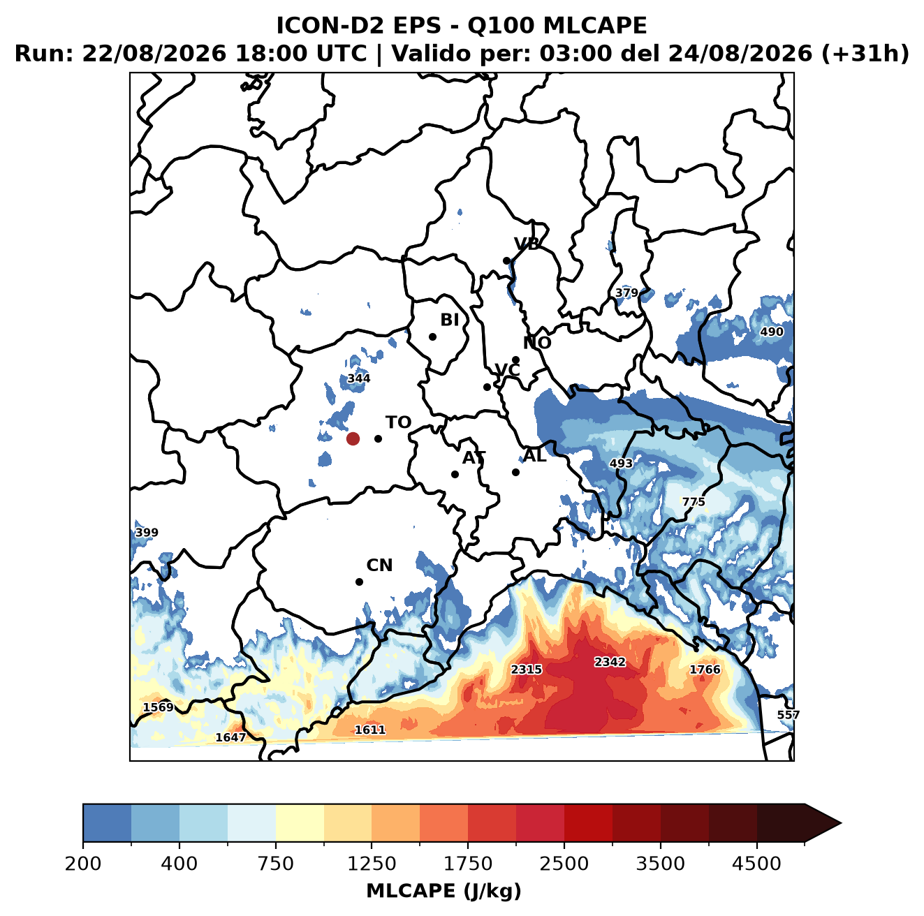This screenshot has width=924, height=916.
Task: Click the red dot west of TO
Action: tap(353, 438)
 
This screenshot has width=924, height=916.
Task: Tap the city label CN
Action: tap(379, 566)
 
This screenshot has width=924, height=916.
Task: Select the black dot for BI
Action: tap(432, 337)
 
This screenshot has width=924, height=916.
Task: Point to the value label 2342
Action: tap(610, 661)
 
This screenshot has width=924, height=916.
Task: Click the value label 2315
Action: tap(526, 669)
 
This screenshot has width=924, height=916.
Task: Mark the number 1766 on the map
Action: tap(705, 669)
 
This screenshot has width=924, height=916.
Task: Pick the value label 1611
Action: tap(369, 730)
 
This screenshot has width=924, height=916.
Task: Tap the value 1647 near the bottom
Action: tap(230, 737)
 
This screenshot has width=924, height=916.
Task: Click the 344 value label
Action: tap(359, 378)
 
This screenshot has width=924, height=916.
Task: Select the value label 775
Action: tap(694, 501)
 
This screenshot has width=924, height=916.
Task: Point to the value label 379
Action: tap(626, 293)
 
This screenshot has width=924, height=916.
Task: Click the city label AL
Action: tap(535, 455)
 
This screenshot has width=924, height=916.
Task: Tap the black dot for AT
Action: tap(455, 474)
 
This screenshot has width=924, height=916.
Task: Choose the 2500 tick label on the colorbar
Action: tap(564, 864)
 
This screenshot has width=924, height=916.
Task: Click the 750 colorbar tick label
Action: tap(275, 864)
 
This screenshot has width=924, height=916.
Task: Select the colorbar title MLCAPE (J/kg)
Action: tap(443, 891)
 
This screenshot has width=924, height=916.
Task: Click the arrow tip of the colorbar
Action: tap(842, 824)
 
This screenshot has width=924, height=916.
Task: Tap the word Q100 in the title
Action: tap(500, 25)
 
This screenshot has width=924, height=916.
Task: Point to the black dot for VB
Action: tap(506, 260)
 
